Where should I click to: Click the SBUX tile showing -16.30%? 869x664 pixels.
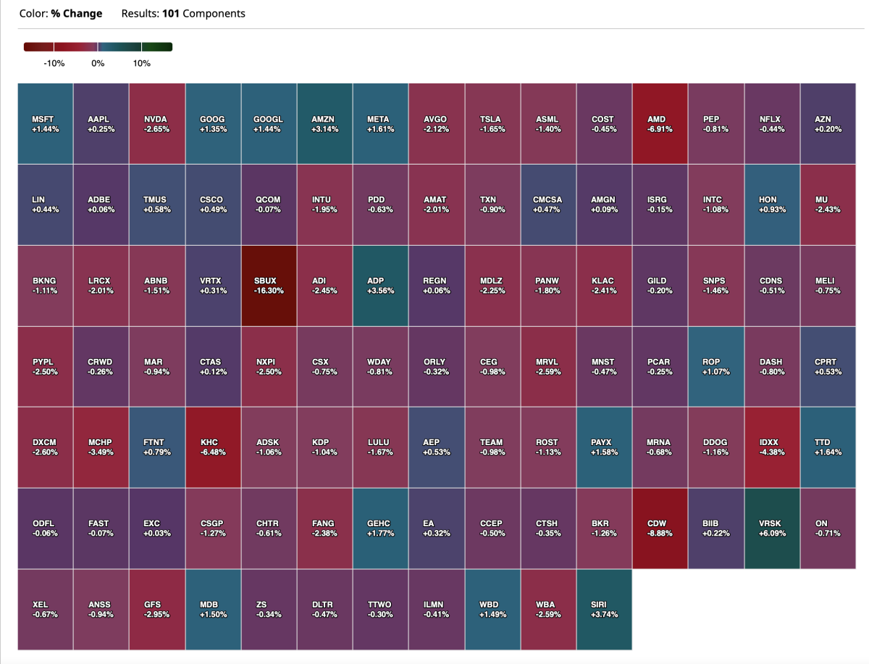point(269,286)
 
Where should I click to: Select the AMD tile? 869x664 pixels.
point(660,124)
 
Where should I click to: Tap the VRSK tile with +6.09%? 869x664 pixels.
point(772,528)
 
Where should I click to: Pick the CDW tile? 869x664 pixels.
point(660,528)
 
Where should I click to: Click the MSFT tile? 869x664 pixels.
point(45,124)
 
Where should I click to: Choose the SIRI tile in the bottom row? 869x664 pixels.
point(604,610)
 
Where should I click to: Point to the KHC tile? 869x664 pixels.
point(214,447)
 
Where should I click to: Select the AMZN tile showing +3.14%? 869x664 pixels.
point(325,124)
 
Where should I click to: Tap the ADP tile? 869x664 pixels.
point(381,286)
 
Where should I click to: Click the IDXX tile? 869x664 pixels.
point(772,447)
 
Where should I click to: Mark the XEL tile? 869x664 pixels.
point(45,610)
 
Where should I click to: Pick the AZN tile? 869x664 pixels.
point(828,124)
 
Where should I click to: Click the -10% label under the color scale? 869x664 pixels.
point(54,64)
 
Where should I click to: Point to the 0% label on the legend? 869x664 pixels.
point(98,64)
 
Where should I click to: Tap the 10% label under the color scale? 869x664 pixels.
point(142,64)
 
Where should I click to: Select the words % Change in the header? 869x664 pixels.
point(77,14)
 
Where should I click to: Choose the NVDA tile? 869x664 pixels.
point(157,124)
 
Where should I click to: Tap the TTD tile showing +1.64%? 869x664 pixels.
point(828,447)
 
